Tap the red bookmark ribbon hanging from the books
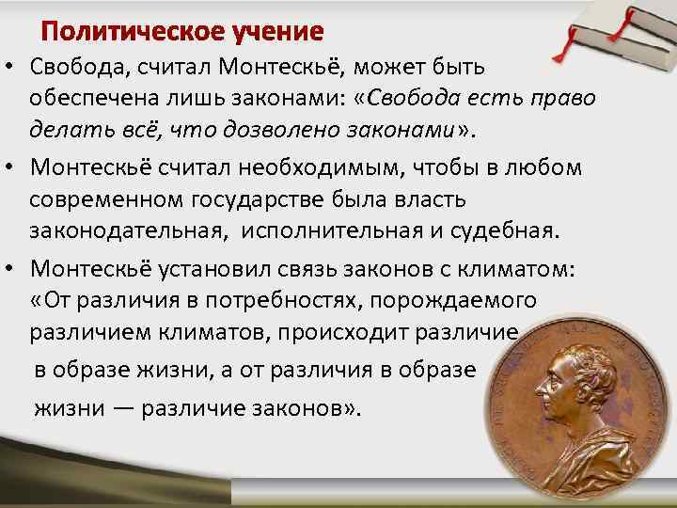(570, 43)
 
